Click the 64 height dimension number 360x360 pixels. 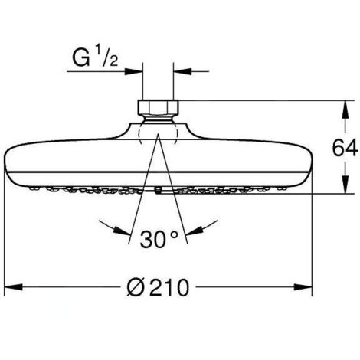coord(345,149)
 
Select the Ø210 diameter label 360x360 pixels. coord(158,287)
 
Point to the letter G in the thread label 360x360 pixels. coord(81,58)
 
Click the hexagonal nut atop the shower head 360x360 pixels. coord(159,107)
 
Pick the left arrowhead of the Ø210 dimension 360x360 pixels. coord(14,287)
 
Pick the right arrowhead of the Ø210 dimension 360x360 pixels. coord(303,287)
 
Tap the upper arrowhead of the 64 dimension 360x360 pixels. coord(345,110)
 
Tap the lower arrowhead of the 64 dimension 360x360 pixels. coord(345,185)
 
